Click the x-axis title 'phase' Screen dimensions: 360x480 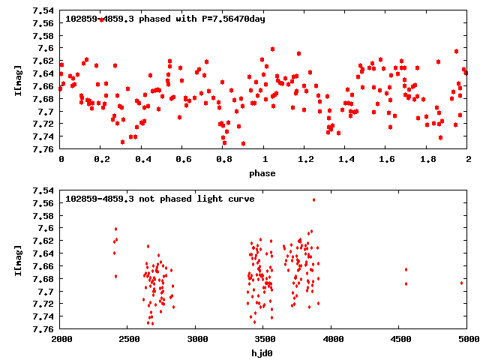tap(263, 173)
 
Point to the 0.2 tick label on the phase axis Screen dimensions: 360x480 tap(101, 159)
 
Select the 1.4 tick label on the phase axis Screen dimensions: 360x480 tap(346, 159)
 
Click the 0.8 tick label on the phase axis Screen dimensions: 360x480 tap(223, 159)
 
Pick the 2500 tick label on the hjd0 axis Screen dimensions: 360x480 tap(129, 339)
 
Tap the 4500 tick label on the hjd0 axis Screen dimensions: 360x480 tap(400, 339)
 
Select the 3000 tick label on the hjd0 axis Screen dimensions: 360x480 tap(196, 339)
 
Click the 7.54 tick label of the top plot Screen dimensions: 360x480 tap(43, 10)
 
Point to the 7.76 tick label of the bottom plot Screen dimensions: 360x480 tap(43, 329)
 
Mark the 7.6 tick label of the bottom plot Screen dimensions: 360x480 tap(46, 228)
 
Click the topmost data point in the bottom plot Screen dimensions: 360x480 tap(313, 199)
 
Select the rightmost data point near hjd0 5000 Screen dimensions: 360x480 tap(461, 283)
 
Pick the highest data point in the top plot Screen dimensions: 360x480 tap(101, 19)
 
